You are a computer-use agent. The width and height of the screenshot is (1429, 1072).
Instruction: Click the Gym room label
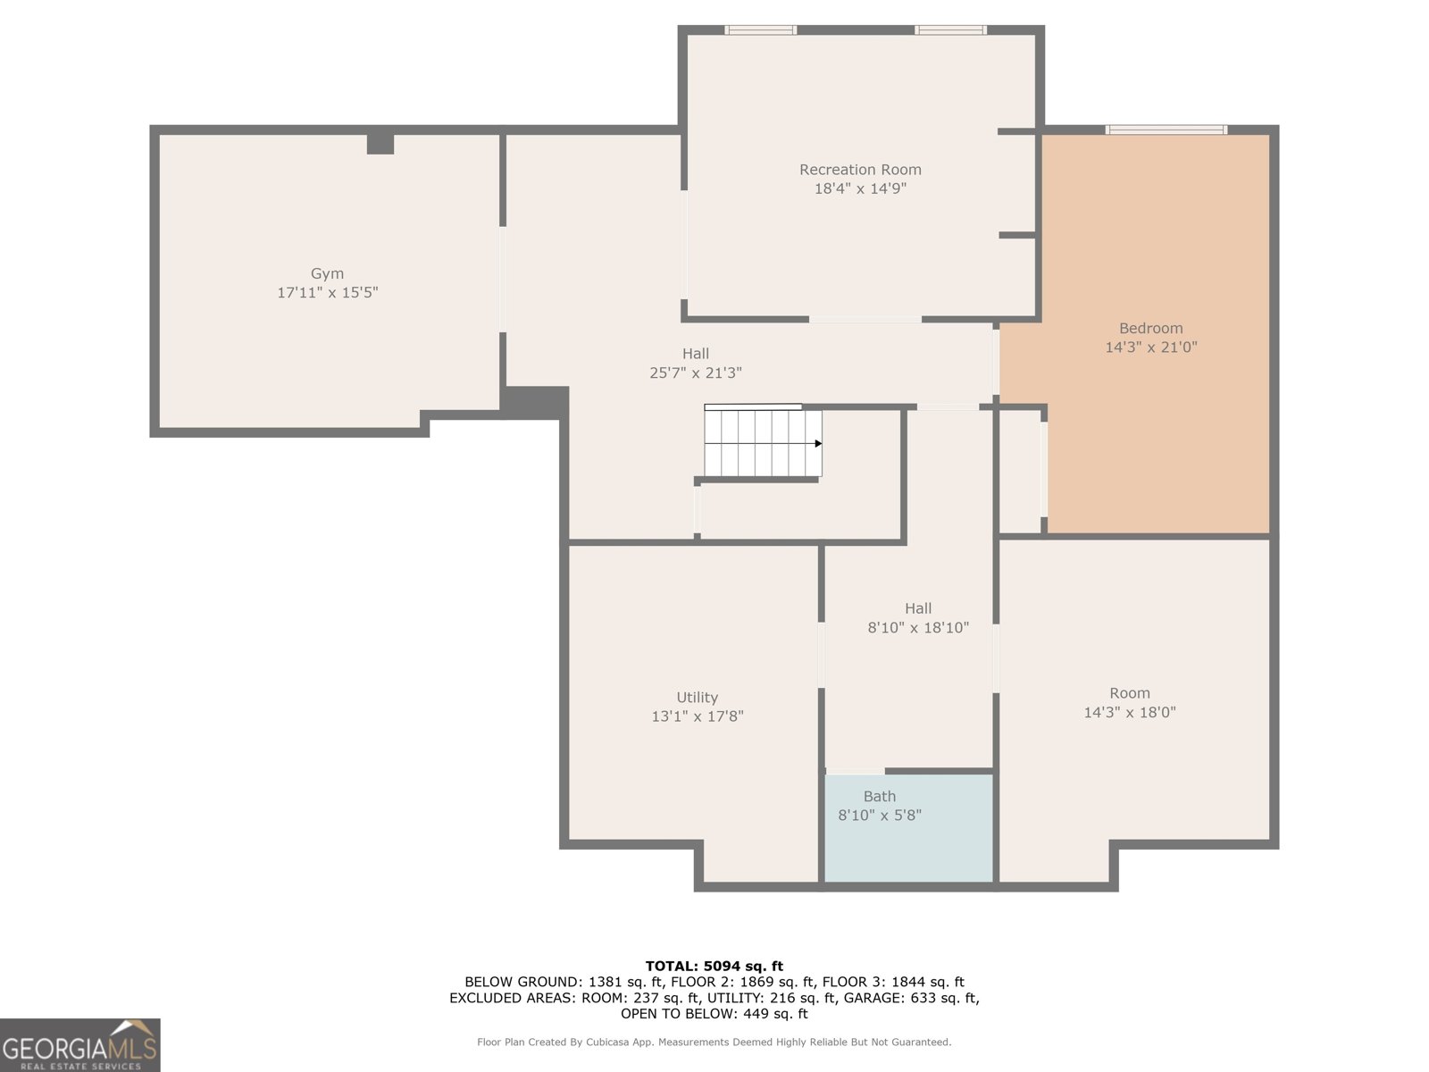pos(327,274)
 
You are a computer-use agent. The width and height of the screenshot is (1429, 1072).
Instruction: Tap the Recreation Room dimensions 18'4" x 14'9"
pos(860,188)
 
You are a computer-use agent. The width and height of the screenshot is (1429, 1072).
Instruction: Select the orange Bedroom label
pos(1150,329)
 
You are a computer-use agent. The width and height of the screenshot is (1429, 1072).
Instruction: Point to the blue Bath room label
pos(879,797)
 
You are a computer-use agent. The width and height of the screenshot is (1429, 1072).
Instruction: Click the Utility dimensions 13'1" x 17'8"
pos(697,716)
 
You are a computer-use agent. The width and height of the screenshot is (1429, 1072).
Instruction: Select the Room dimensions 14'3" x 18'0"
pos(1129,713)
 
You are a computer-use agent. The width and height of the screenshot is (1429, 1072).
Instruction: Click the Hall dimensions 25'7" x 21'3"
pos(695,373)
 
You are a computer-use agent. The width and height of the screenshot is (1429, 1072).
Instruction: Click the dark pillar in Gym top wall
pos(380,144)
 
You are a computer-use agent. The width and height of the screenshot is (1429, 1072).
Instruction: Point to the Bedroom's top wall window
pos(1166,130)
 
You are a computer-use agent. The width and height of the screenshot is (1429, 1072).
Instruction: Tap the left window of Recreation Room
pos(760,30)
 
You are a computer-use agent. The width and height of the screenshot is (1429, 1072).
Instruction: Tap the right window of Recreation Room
pos(950,30)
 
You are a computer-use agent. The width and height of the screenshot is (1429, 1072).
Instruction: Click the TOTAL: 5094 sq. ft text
pos(714,966)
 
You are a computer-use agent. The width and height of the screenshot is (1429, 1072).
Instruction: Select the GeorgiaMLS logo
pos(80,1045)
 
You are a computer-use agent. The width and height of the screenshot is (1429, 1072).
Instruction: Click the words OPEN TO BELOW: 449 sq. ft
pos(714,1014)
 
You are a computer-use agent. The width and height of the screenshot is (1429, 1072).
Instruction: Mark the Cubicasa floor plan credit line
pos(714,1042)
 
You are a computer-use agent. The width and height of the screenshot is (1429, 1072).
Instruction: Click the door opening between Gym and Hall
pos(503,279)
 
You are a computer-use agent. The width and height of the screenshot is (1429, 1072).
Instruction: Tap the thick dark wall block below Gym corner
pos(535,402)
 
